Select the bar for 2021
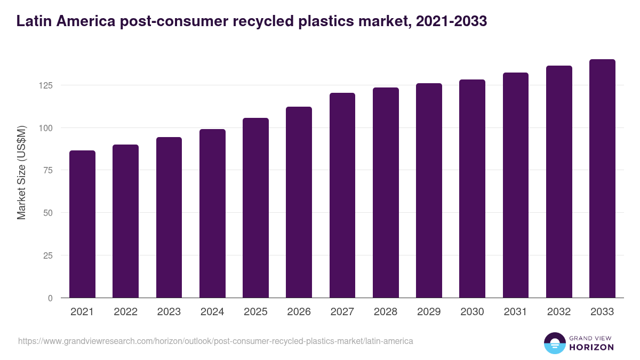click(x=82, y=224)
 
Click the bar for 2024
click(x=212, y=213)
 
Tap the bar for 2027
click(x=342, y=195)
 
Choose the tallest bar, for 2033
click(x=602, y=178)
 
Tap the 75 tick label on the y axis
click(x=48, y=170)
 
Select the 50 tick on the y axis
click(x=48, y=213)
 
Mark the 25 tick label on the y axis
click(x=48, y=255)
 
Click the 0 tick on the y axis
click(x=50, y=298)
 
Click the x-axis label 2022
click(x=125, y=312)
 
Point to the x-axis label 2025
click(x=255, y=312)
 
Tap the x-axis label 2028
click(x=386, y=312)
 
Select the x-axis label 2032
click(x=559, y=312)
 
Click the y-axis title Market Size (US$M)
click(x=21, y=172)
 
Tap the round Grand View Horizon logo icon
click(x=555, y=343)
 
